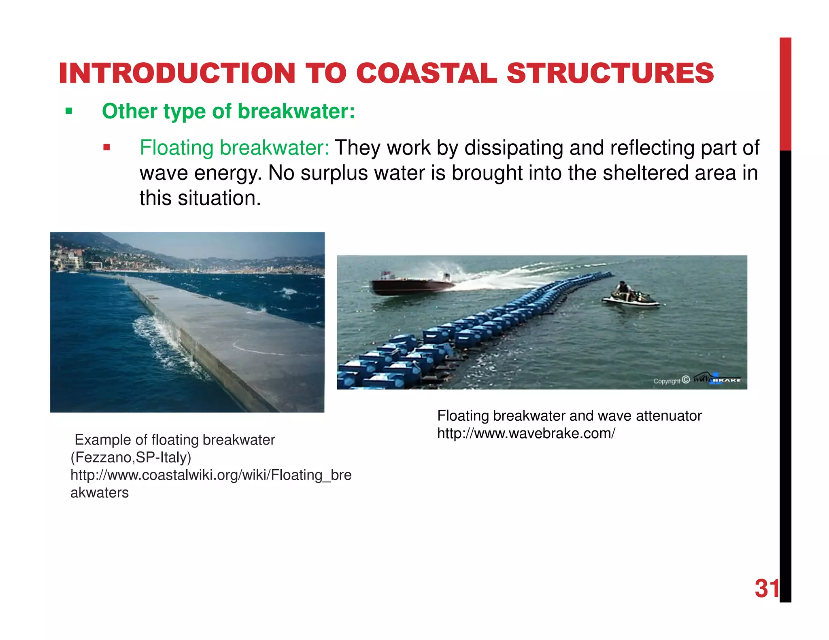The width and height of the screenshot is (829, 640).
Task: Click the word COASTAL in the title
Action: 426,74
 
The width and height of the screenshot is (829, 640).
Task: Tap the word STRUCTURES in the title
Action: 610,74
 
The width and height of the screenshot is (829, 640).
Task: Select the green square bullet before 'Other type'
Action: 69,111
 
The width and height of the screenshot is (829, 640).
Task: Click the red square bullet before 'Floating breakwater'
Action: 106,147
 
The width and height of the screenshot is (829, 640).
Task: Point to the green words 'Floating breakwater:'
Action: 234,148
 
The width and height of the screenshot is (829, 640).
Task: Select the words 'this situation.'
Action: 200,198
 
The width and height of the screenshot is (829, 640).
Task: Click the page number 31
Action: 766,588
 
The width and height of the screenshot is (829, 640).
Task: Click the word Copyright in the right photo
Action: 666,381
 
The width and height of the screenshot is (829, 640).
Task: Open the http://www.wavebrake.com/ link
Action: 526,433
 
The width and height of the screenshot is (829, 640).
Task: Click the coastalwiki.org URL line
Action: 210,475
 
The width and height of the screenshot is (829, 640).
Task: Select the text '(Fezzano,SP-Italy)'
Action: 131,458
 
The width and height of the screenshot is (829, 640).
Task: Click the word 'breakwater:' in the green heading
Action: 296,111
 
